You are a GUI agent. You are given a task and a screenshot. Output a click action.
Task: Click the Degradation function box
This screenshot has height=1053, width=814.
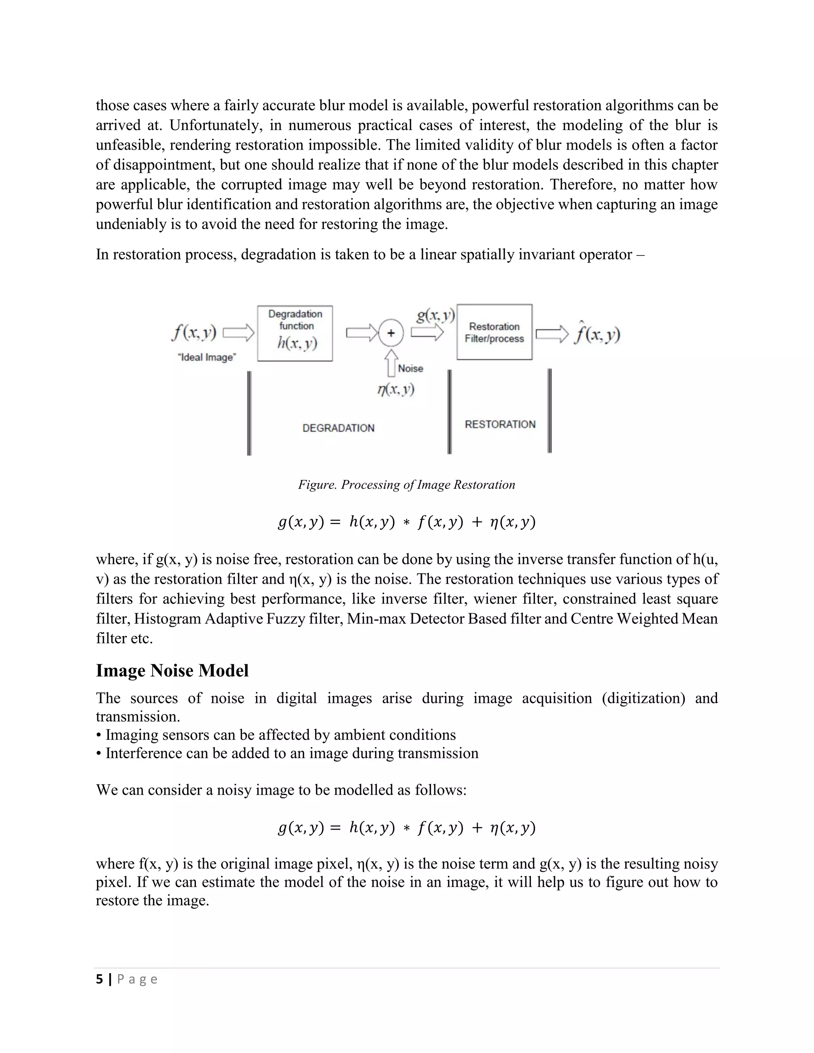point(295,333)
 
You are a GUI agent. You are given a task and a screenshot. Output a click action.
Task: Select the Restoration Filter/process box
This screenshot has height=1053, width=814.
point(494,332)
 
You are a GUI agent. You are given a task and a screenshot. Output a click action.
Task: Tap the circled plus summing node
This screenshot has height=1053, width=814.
point(391,333)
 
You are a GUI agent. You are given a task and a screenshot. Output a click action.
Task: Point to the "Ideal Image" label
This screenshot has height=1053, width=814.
point(206,357)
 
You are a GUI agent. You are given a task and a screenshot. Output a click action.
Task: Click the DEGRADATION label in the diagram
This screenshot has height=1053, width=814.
point(338,428)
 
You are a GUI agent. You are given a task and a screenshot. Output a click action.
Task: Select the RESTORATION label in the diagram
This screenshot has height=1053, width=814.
point(500,424)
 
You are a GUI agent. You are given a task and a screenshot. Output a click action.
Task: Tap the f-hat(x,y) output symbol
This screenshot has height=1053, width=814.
point(597,334)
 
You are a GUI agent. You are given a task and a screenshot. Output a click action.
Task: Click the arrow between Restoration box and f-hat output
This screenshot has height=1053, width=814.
point(552,334)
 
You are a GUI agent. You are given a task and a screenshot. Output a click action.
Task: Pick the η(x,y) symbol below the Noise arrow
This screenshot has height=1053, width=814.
point(396,389)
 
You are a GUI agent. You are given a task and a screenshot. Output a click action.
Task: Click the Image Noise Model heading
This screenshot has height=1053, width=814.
point(172,671)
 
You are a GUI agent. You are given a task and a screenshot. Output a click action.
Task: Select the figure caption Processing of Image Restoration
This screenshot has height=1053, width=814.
point(407,484)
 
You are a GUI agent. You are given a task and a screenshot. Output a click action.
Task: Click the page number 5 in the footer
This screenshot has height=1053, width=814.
point(99,979)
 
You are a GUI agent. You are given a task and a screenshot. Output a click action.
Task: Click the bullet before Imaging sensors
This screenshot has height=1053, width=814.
point(99,735)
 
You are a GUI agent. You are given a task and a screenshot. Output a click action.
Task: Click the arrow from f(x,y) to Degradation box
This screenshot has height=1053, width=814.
point(238,333)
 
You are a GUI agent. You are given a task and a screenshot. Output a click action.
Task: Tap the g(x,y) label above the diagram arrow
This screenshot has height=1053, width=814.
point(436,316)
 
